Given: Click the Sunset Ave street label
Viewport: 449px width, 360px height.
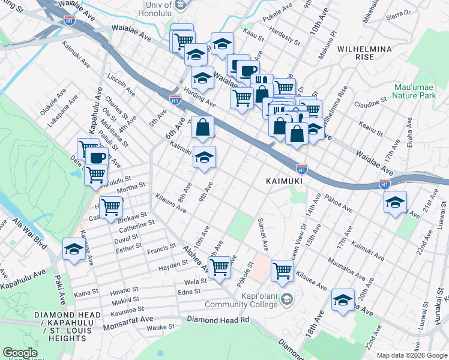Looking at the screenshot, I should (x=263, y=235).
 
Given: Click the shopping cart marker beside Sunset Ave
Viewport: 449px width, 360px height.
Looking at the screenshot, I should (x=282, y=271).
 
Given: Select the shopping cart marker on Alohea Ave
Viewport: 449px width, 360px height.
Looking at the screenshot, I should (x=220, y=268).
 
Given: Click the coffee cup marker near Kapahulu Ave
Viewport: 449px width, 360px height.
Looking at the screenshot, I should (x=96, y=159).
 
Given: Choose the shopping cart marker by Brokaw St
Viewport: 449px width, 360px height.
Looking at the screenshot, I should (x=110, y=208).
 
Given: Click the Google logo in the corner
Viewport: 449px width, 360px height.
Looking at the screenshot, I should (x=20, y=353).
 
